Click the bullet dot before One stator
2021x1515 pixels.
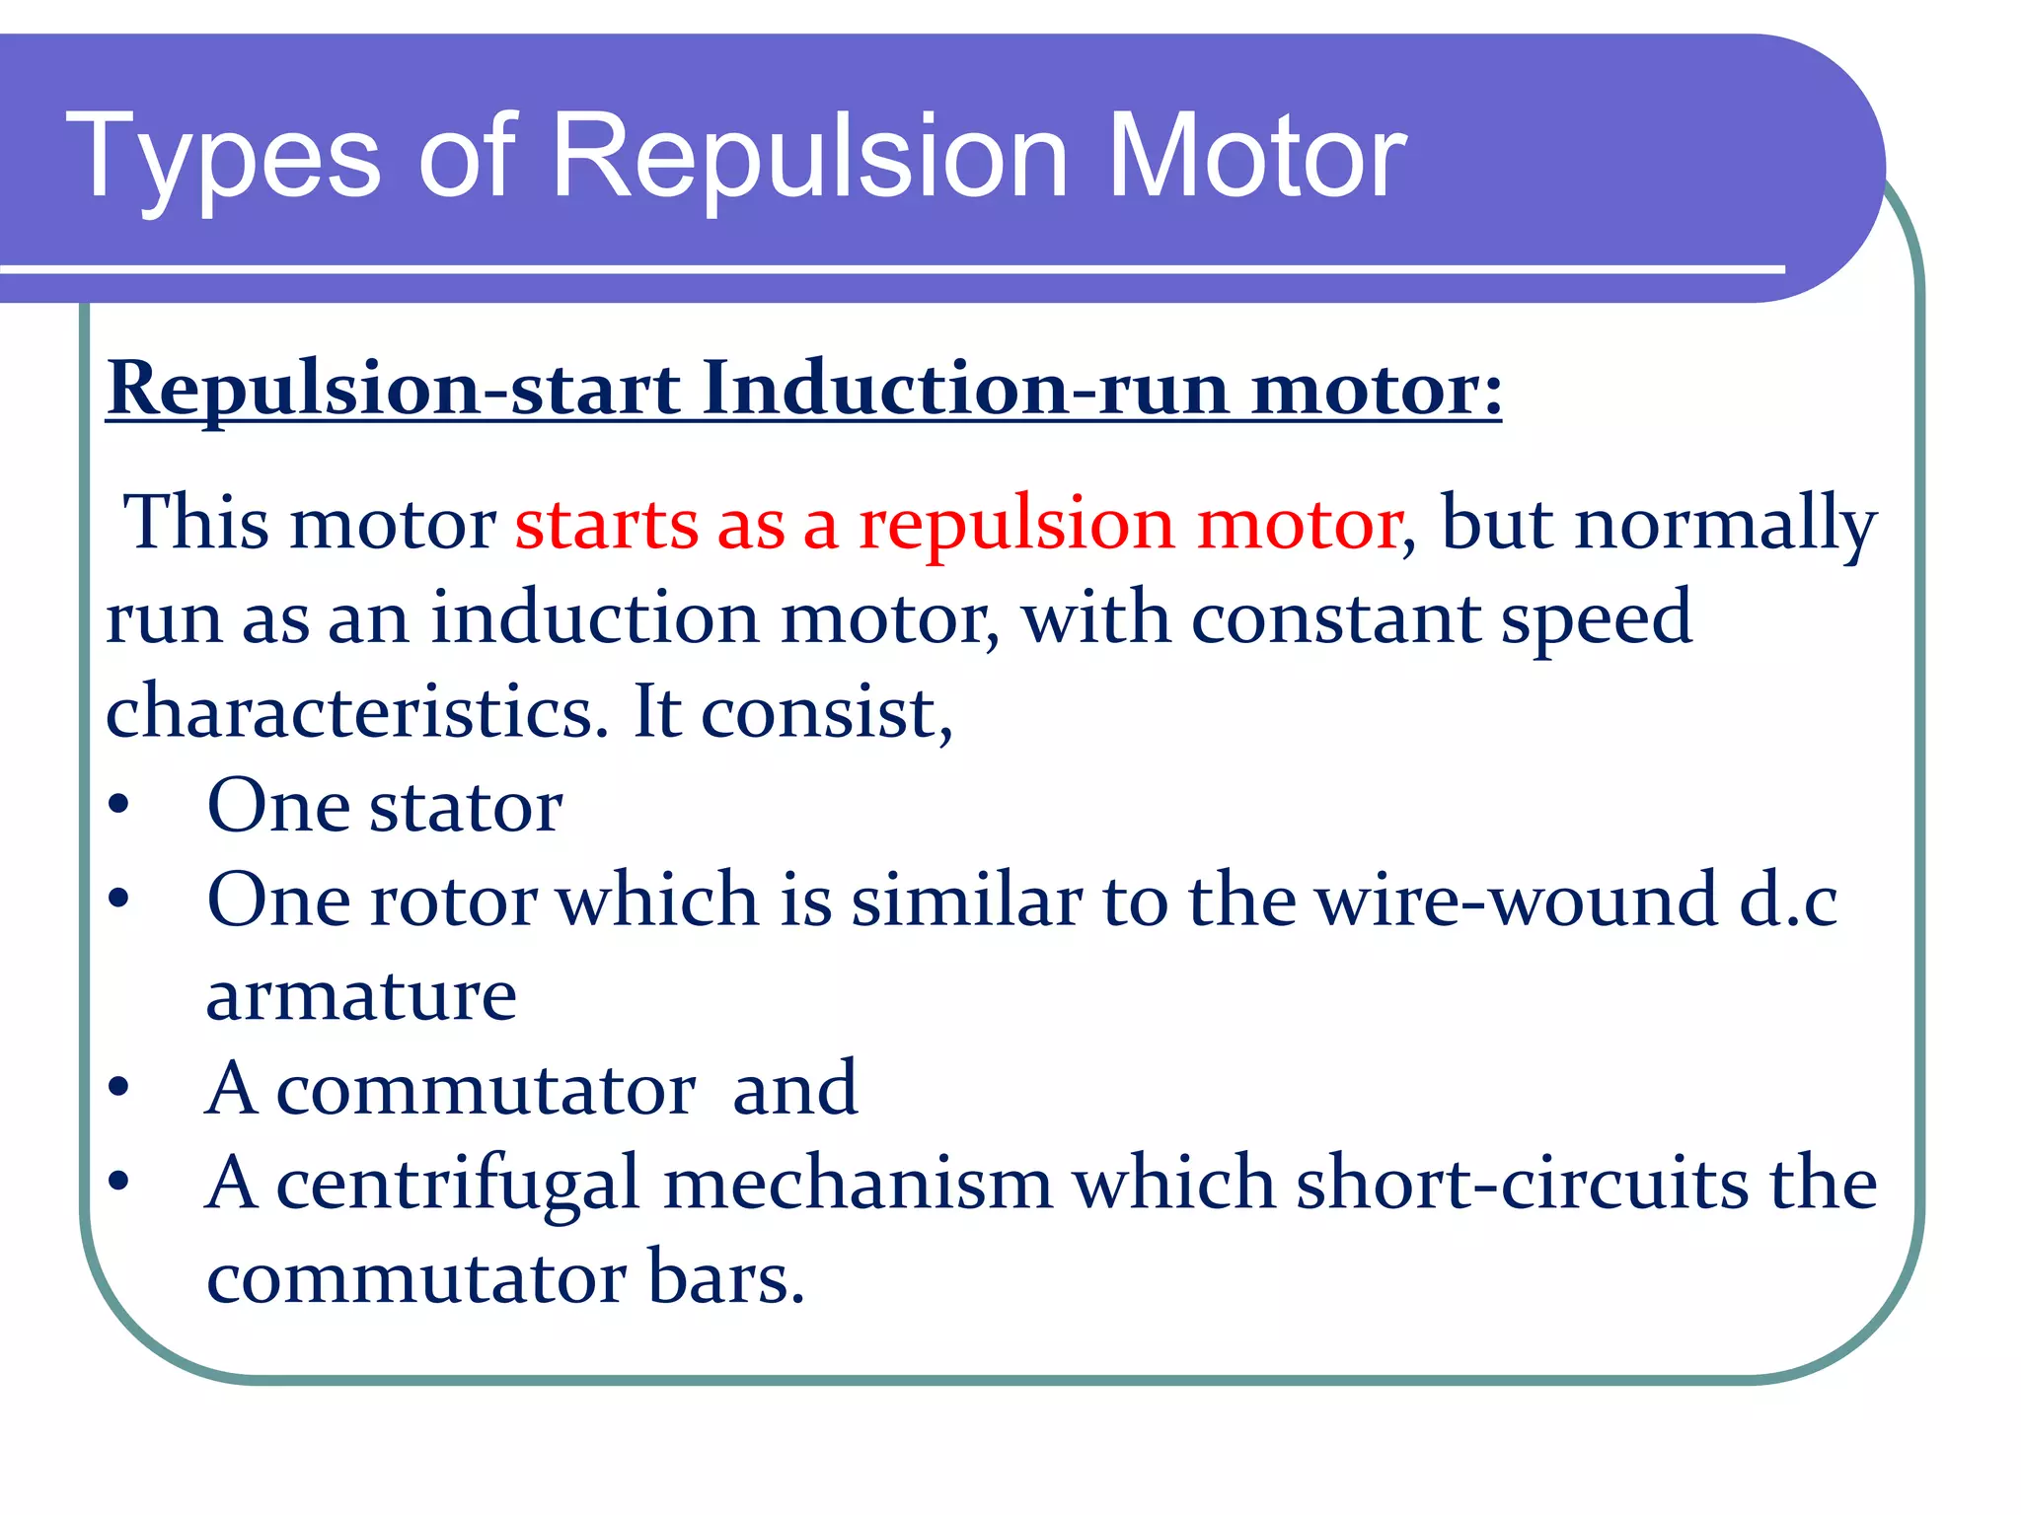pos(119,807)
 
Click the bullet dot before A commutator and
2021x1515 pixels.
pos(119,1088)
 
